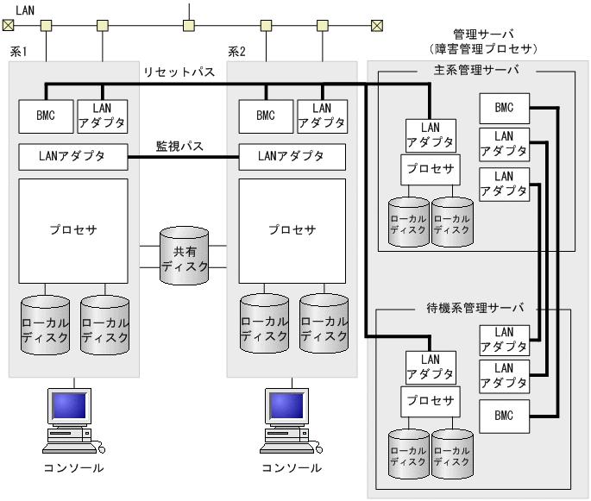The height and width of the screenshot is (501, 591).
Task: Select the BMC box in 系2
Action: click(265, 116)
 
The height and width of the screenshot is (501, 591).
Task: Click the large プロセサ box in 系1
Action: click(73, 230)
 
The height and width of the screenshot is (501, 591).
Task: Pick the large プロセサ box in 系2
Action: click(292, 230)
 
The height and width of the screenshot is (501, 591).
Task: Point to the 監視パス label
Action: click(179, 147)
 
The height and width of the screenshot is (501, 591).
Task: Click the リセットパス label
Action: click(179, 73)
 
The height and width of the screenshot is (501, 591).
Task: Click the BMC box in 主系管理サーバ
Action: click(505, 108)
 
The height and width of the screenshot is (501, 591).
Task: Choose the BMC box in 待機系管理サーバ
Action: click(505, 416)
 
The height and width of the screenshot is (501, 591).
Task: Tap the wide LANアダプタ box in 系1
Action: click(72, 156)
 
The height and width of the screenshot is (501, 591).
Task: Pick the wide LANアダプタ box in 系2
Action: click(292, 156)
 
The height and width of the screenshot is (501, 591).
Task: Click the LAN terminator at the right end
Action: click(376, 24)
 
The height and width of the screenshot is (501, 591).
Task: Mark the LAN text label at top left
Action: click(27, 8)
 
